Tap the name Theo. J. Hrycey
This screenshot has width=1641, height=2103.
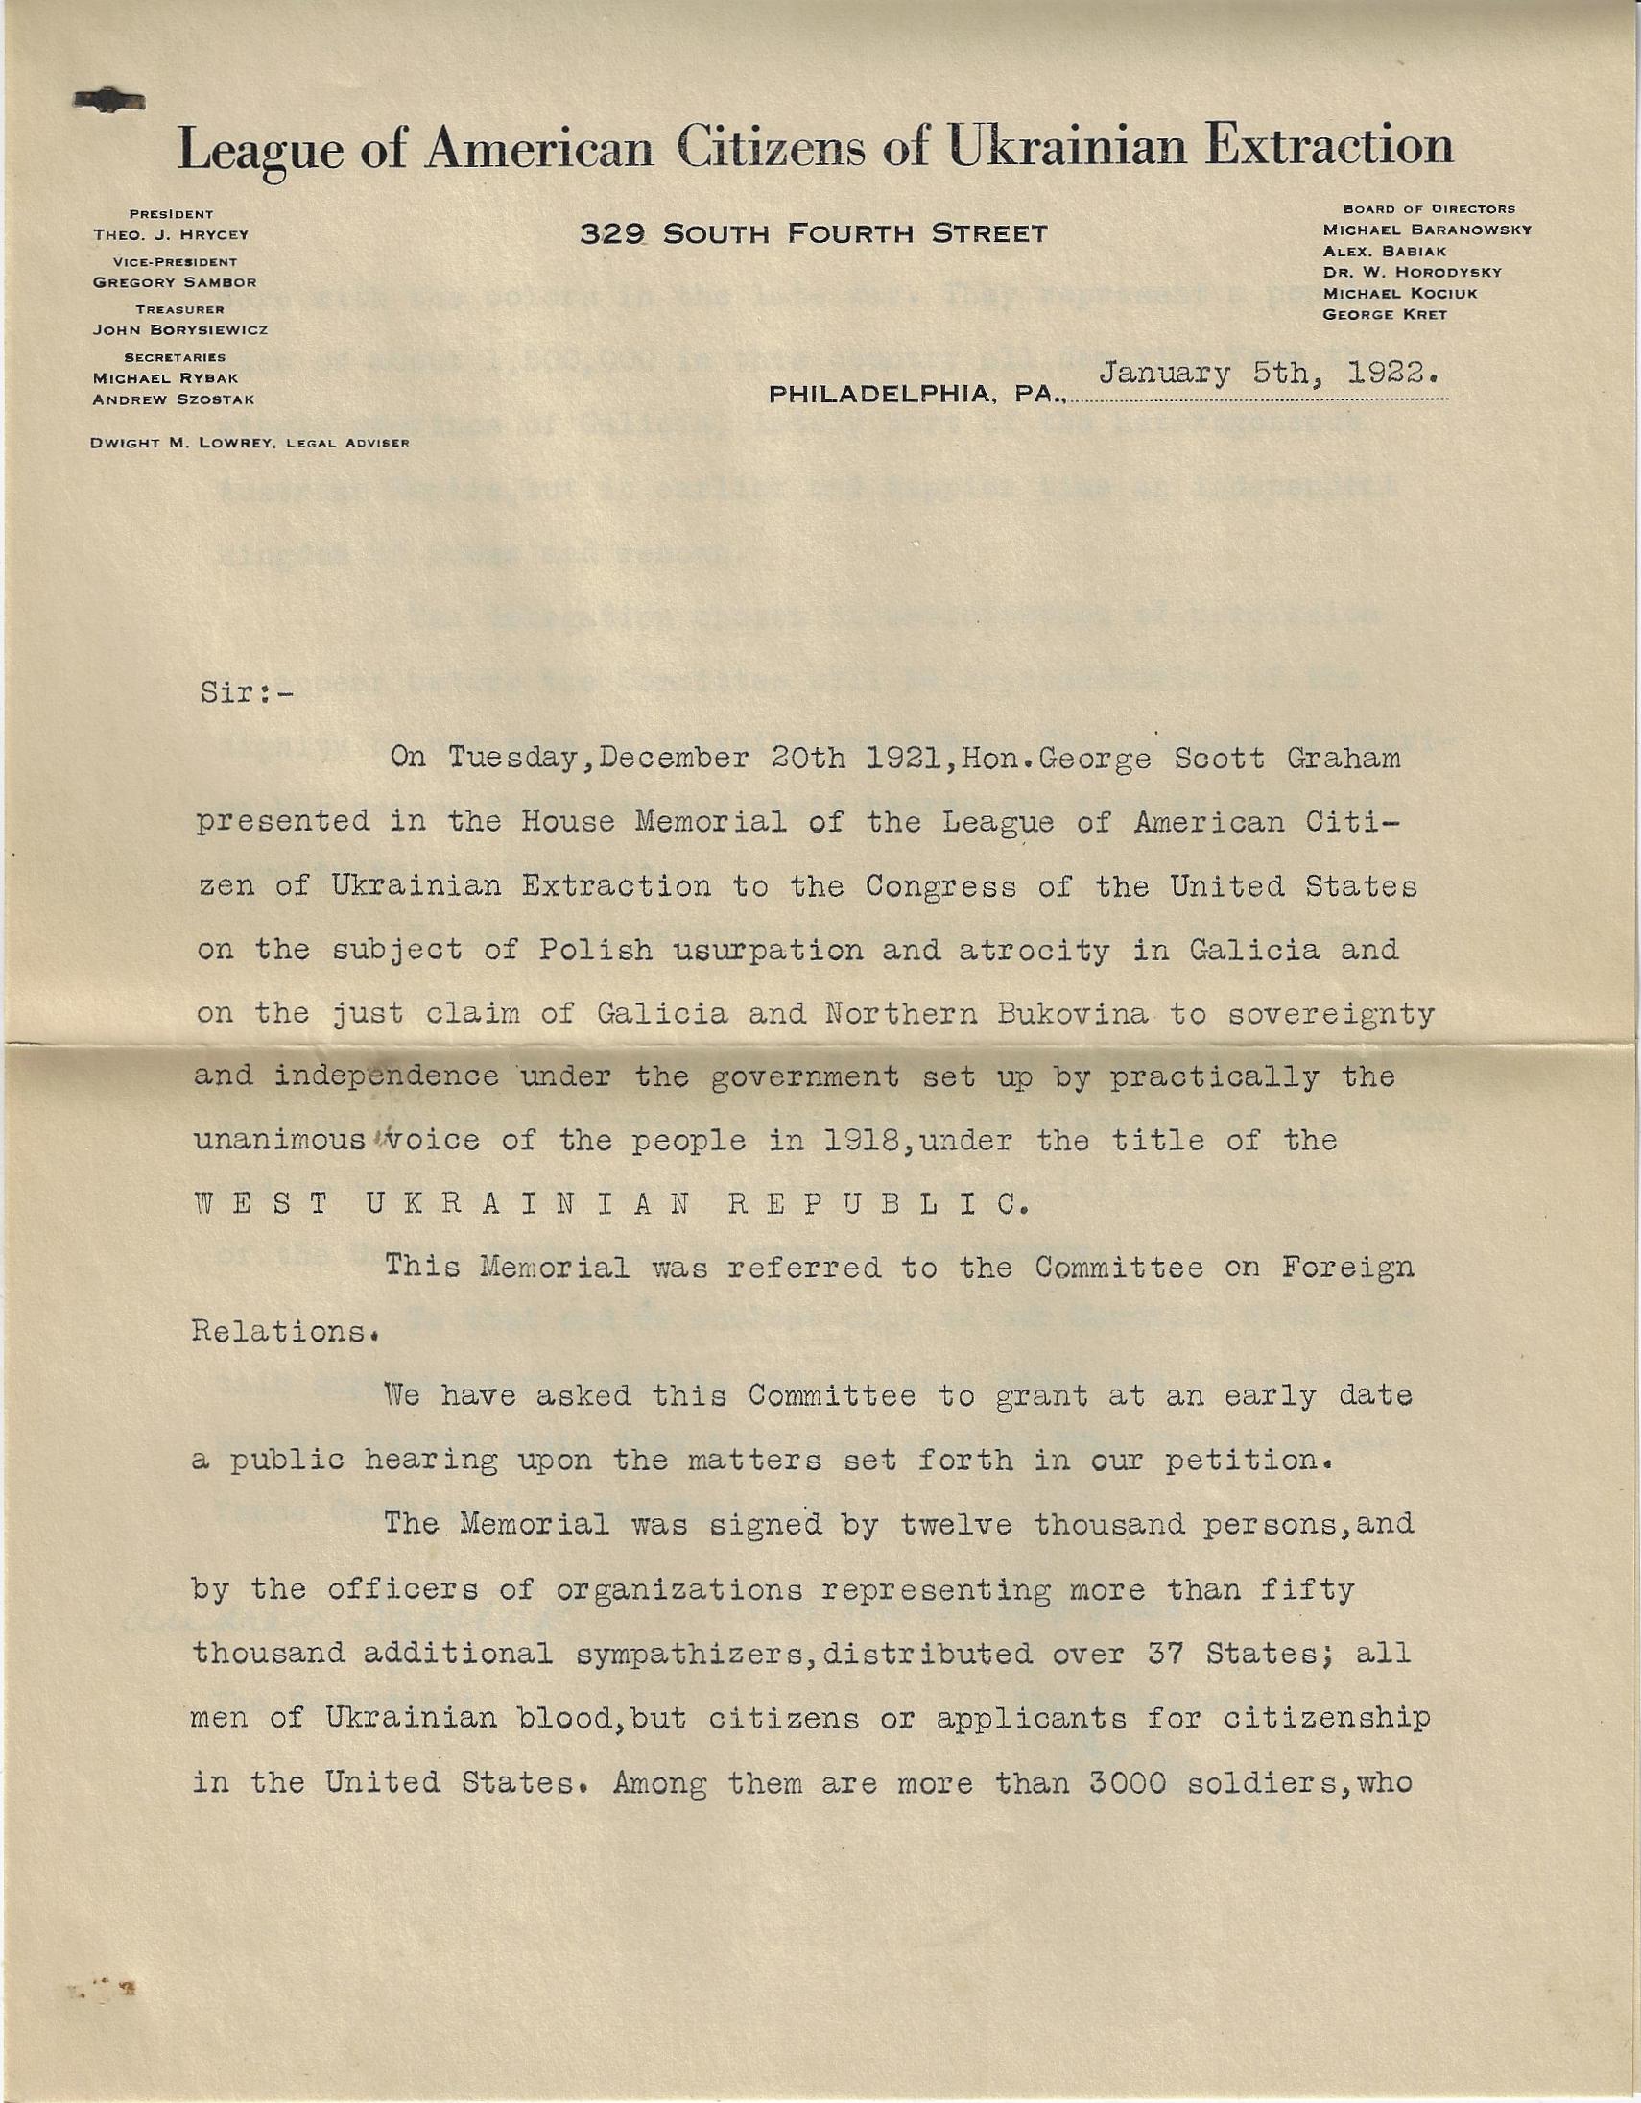[172, 234]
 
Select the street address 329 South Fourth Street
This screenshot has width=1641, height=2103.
[813, 233]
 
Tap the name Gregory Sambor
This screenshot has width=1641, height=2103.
[175, 282]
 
